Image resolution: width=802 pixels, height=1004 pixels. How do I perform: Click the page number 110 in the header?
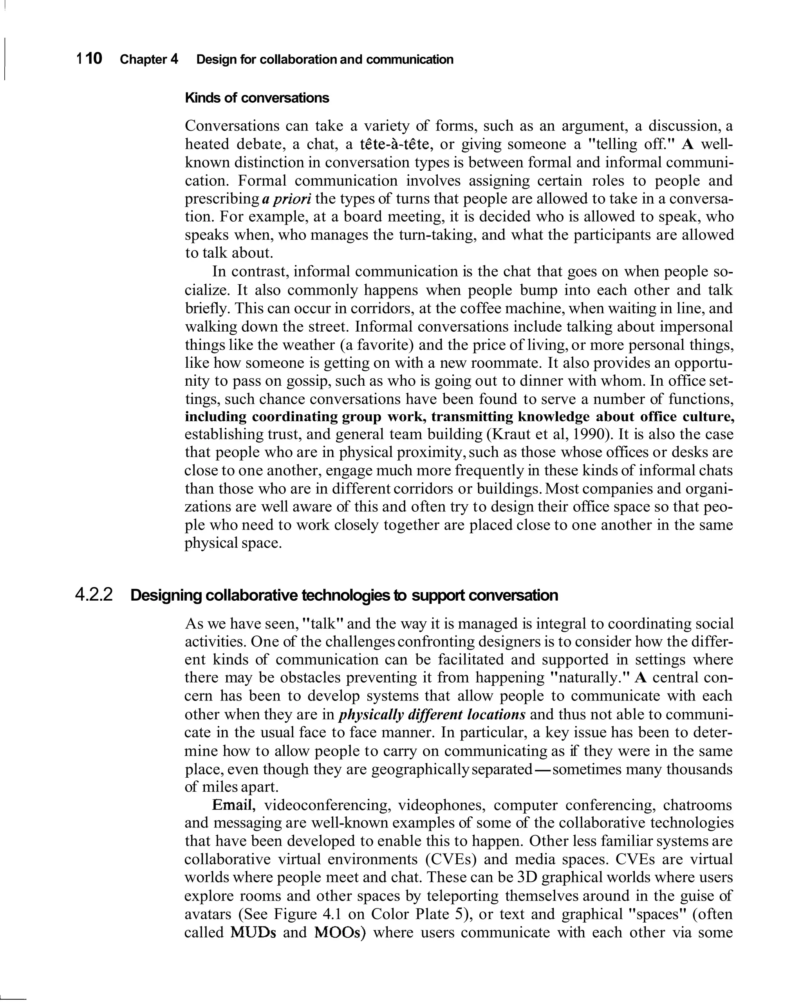[x=89, y=59]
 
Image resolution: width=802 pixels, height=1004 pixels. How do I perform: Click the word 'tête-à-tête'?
[x=394, y=144]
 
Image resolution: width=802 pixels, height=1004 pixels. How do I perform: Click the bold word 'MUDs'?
[x=253, y=933]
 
